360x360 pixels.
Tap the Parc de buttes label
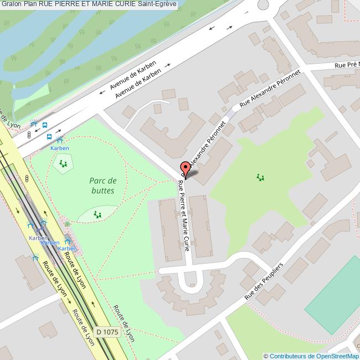pos(102,186)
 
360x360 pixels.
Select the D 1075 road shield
pos(107,332)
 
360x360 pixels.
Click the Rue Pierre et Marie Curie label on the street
pos(184,215)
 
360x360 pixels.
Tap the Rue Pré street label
pos(347,65)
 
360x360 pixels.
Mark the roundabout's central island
pos(262,4)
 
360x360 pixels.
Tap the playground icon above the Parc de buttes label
pos(63,163)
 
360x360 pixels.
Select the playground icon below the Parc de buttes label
pos(97,214)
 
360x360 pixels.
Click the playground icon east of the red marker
pos(260,177)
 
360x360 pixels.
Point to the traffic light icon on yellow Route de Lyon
pos(27,179)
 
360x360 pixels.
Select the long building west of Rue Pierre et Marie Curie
pos(168,228)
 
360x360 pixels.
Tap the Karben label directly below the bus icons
pos(60,148)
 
